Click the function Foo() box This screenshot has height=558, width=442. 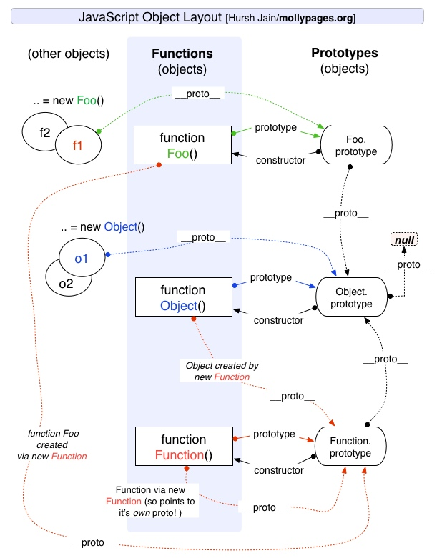click(x=182, y=145)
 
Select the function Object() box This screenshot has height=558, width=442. click(x=182, y=298)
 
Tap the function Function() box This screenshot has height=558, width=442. click(x=182, y=447)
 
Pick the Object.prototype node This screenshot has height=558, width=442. click(x=351, y=298)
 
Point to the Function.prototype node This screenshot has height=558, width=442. click(x=350, y=447)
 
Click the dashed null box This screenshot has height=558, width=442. click(x=404, y=240)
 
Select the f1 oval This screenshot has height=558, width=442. click(x=77, y=146)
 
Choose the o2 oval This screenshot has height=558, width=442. click(x=65, y=284)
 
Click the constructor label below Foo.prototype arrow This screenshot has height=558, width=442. click(x=280, y=160)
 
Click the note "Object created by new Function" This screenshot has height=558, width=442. click(x=221, y=371)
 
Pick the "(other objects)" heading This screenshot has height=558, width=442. click(x=68, y=54)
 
